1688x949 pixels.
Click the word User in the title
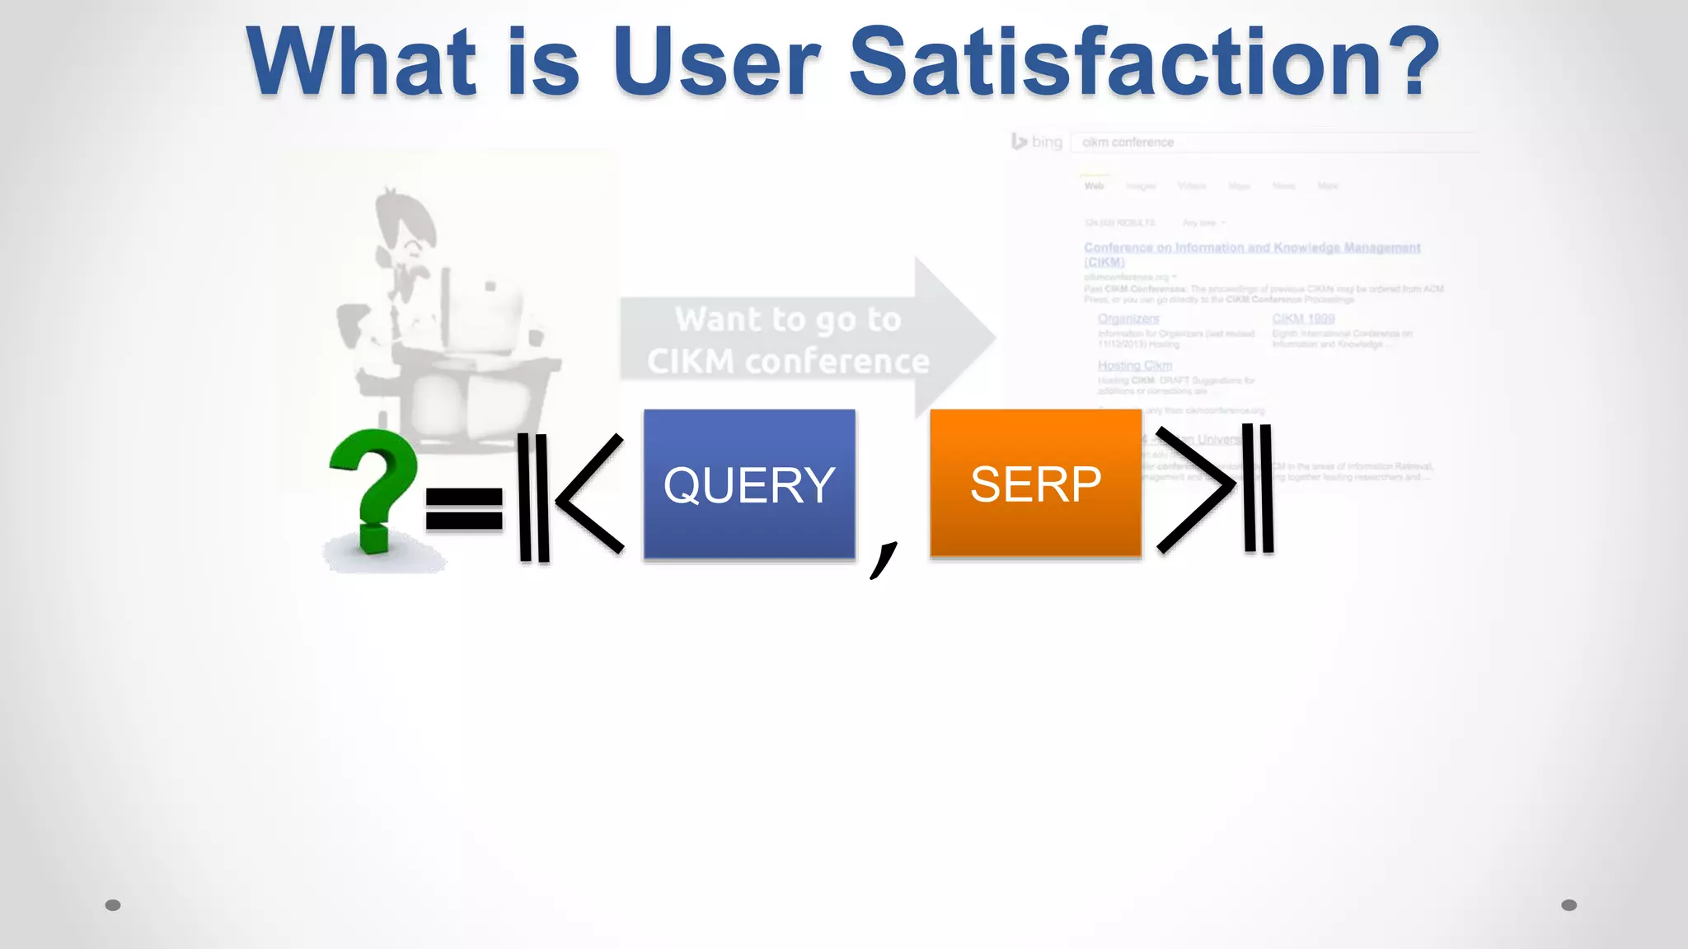tap(715, 63)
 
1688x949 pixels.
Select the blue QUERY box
tap(749, 484)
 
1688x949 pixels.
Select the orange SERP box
tap(1035, 484)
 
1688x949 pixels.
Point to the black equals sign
tap(464, 508)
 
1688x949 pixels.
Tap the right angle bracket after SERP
tap(1196, 489)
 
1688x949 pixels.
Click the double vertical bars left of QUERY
tap(533, 498)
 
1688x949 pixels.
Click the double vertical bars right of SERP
tap(1258, 488)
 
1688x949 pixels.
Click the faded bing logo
tap(1037, 142)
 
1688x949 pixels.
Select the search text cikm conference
tap(1128, 143)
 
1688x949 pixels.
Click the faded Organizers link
tap(1128, 319)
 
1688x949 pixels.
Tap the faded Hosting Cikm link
tap(1134, 365)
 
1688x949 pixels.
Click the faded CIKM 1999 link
tap(1303, 319)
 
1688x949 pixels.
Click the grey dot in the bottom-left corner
tap(113, 905)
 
